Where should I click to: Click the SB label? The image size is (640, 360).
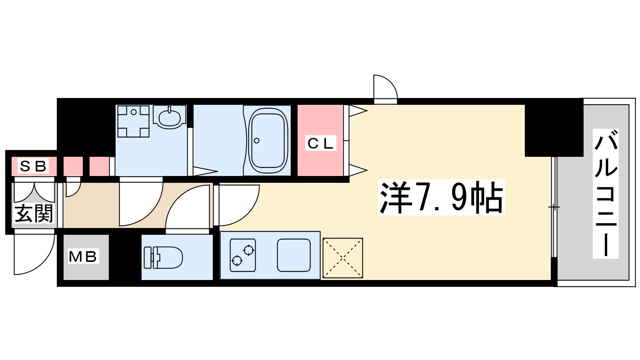(x=33, y=166)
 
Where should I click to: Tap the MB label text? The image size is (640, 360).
(x=83, y=256)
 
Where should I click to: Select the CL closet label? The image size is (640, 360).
(x=320, y=143)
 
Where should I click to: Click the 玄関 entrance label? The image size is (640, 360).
(x=34, y=214)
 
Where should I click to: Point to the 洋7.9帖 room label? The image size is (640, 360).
(x=441, y=198)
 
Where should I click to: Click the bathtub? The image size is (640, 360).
(x=268, y=140)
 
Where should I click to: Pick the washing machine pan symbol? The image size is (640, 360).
(x=133, y=121)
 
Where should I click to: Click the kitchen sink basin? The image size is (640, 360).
(x=294, y=255)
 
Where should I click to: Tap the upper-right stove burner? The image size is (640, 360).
(x=249, y=250)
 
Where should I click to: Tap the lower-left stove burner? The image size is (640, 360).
(x=237, y=261)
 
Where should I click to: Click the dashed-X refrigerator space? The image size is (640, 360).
(x=343, y=258)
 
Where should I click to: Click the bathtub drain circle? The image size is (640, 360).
(x=257, y=140)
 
